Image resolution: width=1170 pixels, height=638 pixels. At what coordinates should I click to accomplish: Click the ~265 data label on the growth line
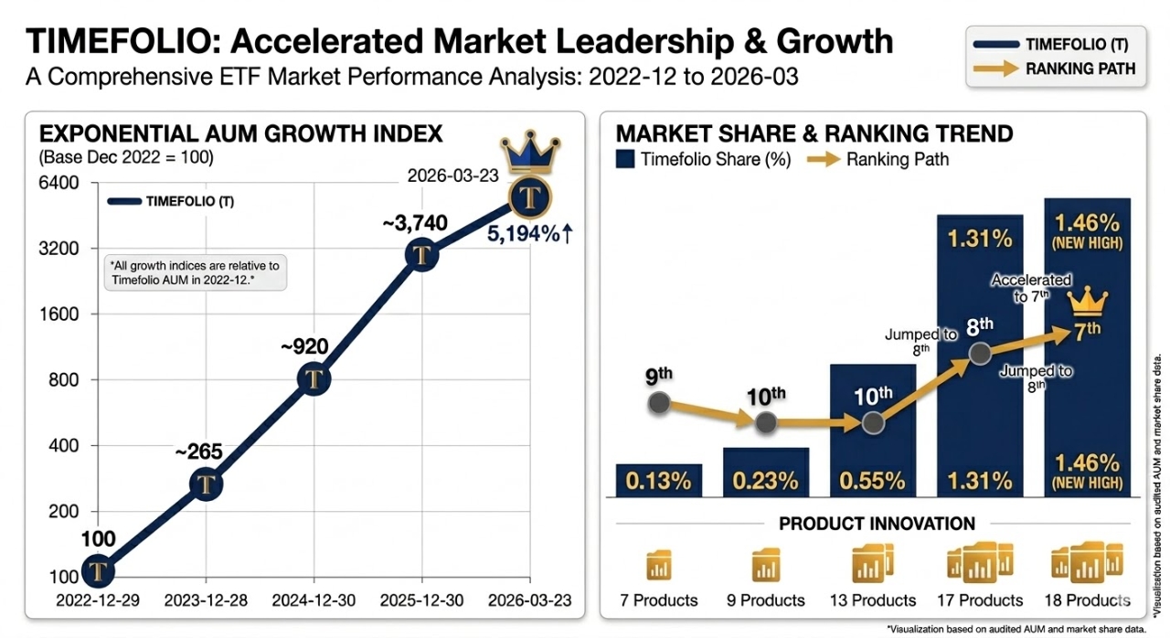point(198,452)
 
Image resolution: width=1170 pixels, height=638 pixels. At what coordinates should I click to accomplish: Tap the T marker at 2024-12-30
point(314,378)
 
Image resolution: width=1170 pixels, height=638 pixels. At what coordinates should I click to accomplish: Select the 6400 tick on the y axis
point(58,183)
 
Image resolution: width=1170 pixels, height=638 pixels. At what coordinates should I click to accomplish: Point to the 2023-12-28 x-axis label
point(206,601)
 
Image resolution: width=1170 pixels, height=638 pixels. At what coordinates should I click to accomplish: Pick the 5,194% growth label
point(529,234)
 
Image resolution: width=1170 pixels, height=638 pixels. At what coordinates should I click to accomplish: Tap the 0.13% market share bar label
point(658,481)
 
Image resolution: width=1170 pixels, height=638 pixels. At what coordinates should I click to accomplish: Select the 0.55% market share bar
point(873,430)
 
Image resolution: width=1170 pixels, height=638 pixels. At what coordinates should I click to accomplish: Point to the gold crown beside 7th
point(1088,300)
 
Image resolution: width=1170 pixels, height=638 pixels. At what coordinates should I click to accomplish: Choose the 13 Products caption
point(871,601)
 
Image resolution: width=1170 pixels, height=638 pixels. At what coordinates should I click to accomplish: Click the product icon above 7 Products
point(658,566)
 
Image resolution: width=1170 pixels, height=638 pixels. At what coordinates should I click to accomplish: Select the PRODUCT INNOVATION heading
point(877,524)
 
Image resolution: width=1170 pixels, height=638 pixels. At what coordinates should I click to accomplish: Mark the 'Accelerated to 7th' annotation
point(1030,288)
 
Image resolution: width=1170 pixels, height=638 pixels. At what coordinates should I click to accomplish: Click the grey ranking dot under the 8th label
point(980,354)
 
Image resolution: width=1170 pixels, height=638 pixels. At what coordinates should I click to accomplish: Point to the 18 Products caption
point(1086,601)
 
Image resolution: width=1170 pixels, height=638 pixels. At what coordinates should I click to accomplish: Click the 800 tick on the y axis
point(63,380)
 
